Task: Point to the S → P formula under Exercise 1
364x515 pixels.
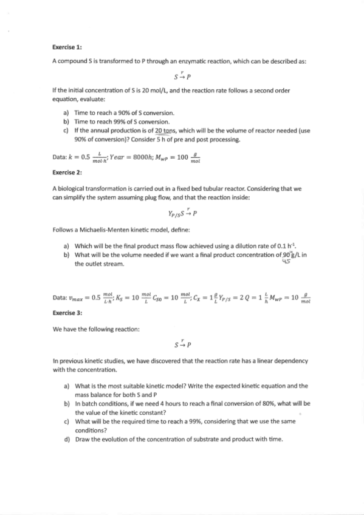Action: click(182, 77)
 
